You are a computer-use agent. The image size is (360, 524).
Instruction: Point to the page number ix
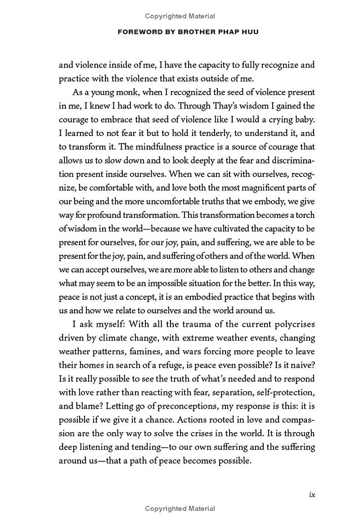(x=311, y=494)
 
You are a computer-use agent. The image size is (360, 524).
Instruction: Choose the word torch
(x=305, y=215)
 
